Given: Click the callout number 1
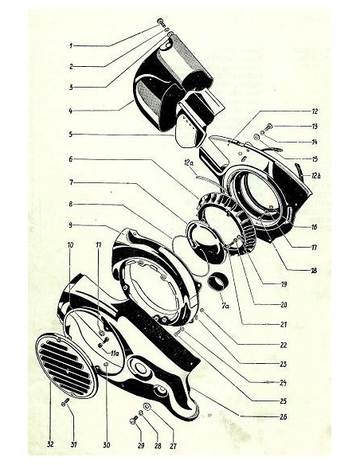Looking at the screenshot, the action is (71, 46).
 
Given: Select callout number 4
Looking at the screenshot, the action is (71, 111).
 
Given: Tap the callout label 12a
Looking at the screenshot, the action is (189, 162).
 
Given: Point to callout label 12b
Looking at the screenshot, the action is (316, 176).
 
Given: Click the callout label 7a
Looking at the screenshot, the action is (225, 306).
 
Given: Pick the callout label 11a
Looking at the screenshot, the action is (115, 354).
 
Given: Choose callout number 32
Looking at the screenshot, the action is (50, 444).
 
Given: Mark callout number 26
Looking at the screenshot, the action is (284, 417).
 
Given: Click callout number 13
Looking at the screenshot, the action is (315, 127).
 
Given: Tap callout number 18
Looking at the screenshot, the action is (313, 271).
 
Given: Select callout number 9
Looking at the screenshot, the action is (70, 225).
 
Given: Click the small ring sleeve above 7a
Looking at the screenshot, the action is (218, 281).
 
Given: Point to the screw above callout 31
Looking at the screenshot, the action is (65, 402).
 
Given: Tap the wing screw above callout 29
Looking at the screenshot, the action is (135, 420).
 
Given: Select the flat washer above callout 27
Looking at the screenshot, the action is (147, 406).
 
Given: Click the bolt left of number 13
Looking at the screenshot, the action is (270, 127).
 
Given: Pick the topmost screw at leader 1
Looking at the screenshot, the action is (161, 22).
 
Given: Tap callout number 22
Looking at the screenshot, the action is (284, 346).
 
